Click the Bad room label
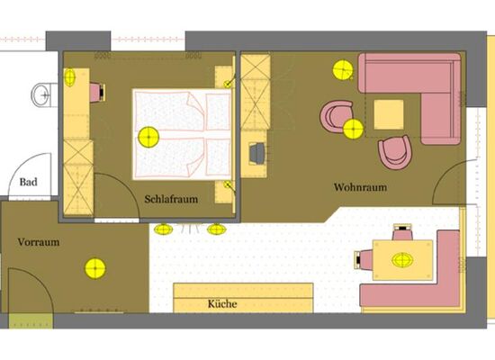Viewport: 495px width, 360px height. (29, 183)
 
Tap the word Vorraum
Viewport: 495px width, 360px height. (38, 242)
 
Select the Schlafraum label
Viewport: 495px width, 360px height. (169, 199)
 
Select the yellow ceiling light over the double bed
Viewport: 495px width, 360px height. (148, 138)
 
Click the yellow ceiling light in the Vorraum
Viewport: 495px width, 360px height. (94, 266)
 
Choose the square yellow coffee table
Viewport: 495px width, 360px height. (389, 114)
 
